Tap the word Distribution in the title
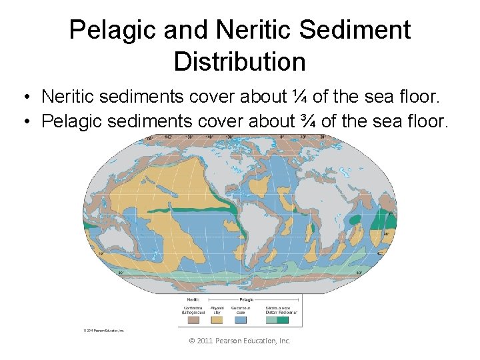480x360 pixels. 239,61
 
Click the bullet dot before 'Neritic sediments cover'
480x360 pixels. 23,97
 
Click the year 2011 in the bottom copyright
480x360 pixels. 209,341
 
